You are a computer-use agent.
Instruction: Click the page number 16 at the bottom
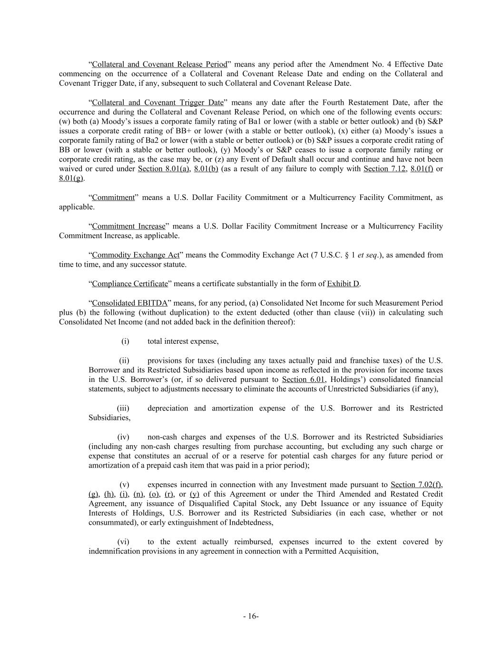(251, 616)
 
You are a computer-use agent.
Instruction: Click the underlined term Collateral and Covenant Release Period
(159, 64)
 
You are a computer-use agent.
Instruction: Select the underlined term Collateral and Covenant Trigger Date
(157, 102)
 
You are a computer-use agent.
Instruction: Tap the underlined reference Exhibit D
(343, 284)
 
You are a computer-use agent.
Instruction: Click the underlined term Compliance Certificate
(130, 284)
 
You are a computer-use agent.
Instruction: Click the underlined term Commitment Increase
(128, 226)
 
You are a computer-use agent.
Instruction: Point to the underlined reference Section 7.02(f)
(416, 485)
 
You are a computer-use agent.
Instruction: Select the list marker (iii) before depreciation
(123, 408)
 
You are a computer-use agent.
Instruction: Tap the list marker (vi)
(123, 542)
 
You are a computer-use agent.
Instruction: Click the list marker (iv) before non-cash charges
(123, 437)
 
